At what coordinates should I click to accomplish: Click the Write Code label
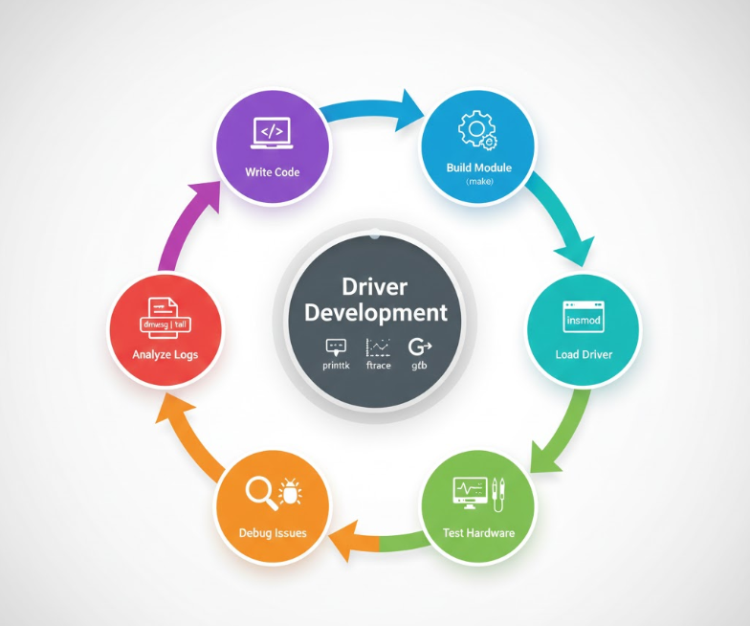coord(273,172)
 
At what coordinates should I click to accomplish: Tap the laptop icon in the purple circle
coord(272,134)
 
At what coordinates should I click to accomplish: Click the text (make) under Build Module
coord(479,181)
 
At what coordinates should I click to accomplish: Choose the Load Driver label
coord(584,354)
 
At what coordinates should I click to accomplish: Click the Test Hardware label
coord(479,532)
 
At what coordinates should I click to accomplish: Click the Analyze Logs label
coord(165,355)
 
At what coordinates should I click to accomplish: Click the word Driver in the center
coord(374,287)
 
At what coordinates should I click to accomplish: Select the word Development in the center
coord(374,313)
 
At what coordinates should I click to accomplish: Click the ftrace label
coord(380,366)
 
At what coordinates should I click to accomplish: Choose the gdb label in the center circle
coord(420,366)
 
